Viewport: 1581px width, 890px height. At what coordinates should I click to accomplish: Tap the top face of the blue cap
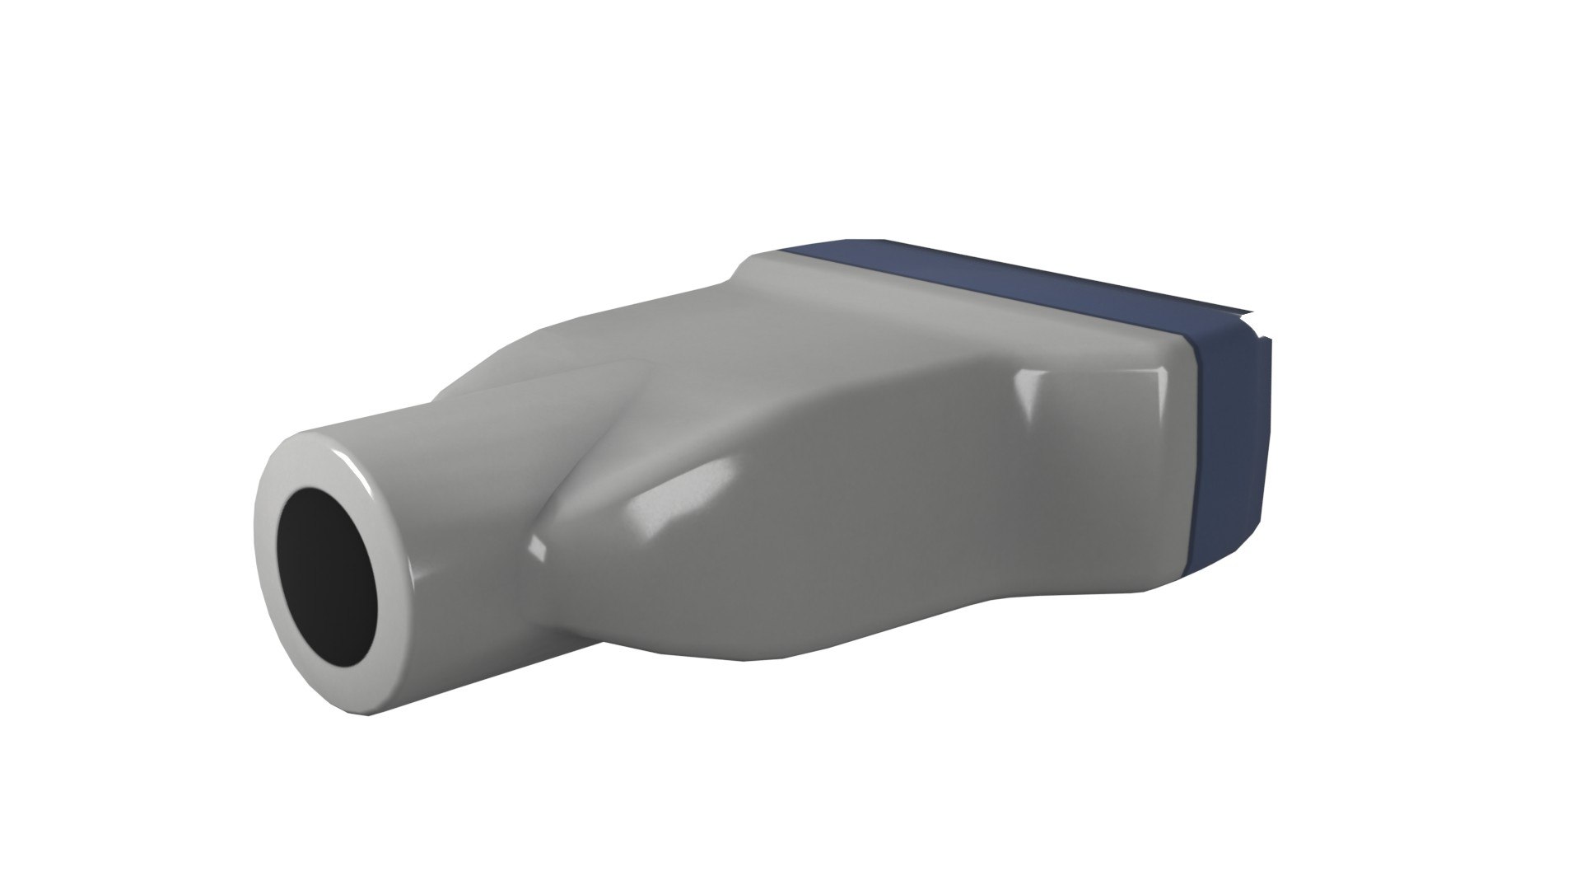988,280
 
